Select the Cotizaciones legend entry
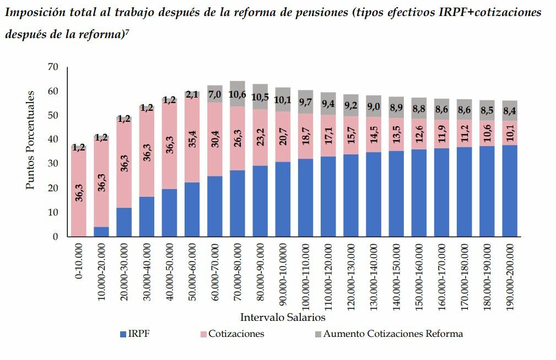coord(236,334)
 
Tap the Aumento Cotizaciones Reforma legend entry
coord(393,334)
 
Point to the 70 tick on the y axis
coord(53,67)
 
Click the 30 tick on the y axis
coord(53,164)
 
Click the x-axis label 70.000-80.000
coord(237,276)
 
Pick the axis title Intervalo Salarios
coord(283,318)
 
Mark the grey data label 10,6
coord(237,94)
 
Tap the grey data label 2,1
coord(192,95)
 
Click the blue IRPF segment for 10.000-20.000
coord(101,232)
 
